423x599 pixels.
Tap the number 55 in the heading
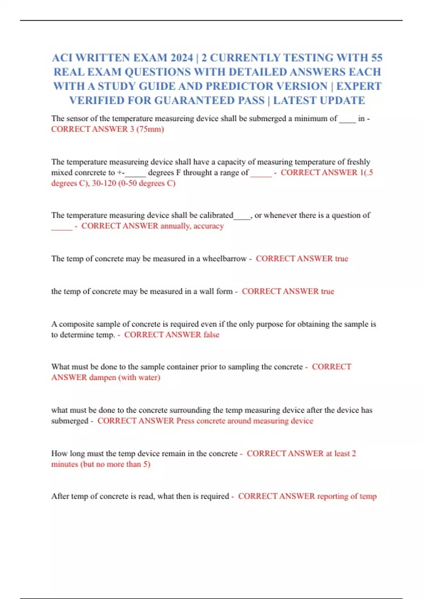click(376, 57)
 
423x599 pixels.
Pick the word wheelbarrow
click(224, 259)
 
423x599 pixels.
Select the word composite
click(76, 324)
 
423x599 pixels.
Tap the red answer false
click(211, 335)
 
